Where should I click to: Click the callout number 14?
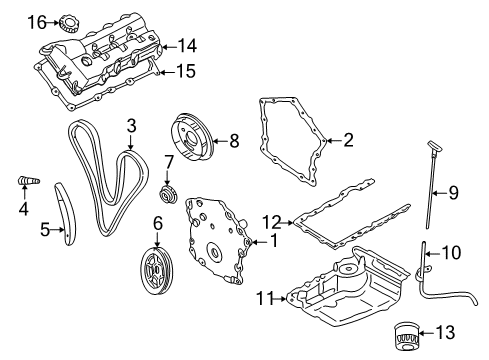pyautogui.click(x=187, y=45)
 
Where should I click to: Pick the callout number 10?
pyautogui.click(x=452, y=253)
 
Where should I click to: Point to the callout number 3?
pyautogui.click(x=131, y=125)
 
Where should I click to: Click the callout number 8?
pyautogui.click(x=233, y=141)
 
